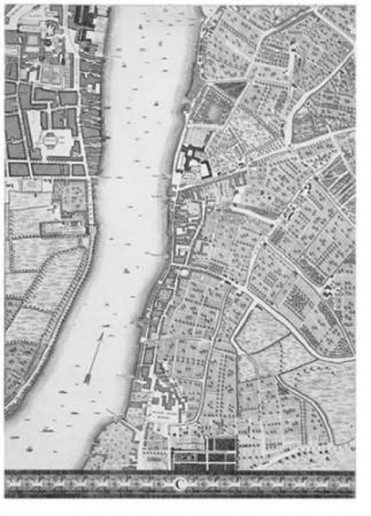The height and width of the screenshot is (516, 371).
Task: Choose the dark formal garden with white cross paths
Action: tap(204, 454)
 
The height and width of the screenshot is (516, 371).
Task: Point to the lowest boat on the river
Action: tap(29, 449)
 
